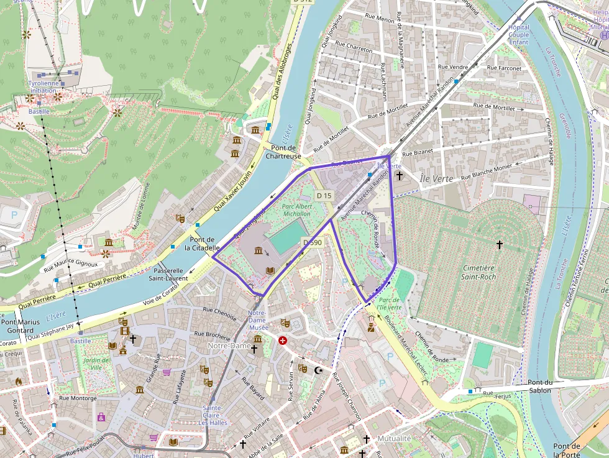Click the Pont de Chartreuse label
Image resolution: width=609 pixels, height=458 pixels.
coord(283,152)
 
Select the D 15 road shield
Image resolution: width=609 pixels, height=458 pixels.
coord(324,195)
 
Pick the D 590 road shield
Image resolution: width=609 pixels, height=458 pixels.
coord(312,242)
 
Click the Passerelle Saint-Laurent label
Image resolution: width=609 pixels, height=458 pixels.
coord(168,275)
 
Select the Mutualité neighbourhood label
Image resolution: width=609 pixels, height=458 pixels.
coord(394,438)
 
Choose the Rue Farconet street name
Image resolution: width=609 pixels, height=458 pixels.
coord(505,67)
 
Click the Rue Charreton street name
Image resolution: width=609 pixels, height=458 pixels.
coord(354,47)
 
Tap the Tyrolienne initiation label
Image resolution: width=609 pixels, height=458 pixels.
coord(43,86)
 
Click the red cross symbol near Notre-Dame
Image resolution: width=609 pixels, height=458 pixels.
coord(283,341)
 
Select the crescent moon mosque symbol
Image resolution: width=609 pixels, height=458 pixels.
coord(319,370)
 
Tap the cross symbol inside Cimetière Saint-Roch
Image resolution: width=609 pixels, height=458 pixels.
coord(499,245)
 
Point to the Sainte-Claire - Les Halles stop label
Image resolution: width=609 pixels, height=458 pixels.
coord(213,415)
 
